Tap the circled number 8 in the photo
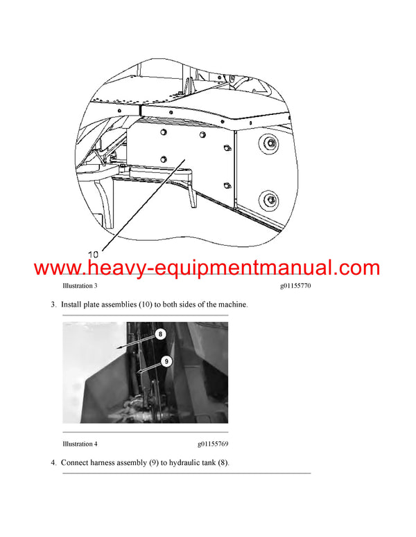coord(160,334)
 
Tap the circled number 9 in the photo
coord(166,361)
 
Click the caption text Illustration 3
coord(80,285)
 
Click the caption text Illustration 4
coord(80,443)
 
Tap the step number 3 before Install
coord(53,304)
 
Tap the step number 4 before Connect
coord(53,462)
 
